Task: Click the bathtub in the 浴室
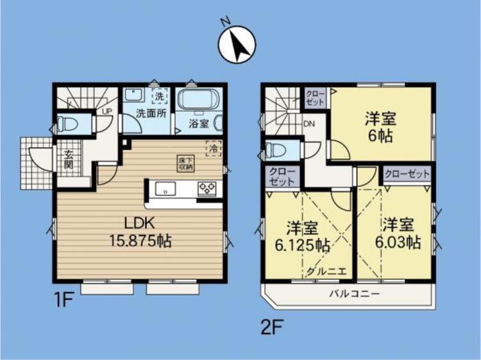[198, 101]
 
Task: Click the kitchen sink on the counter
[166, 189]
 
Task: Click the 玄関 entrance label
[68, 159]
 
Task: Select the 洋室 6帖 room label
[381, 127]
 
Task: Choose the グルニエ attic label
[326, 271]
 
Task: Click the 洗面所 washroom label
[151, 113]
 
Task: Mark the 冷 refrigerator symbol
[212, 147]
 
